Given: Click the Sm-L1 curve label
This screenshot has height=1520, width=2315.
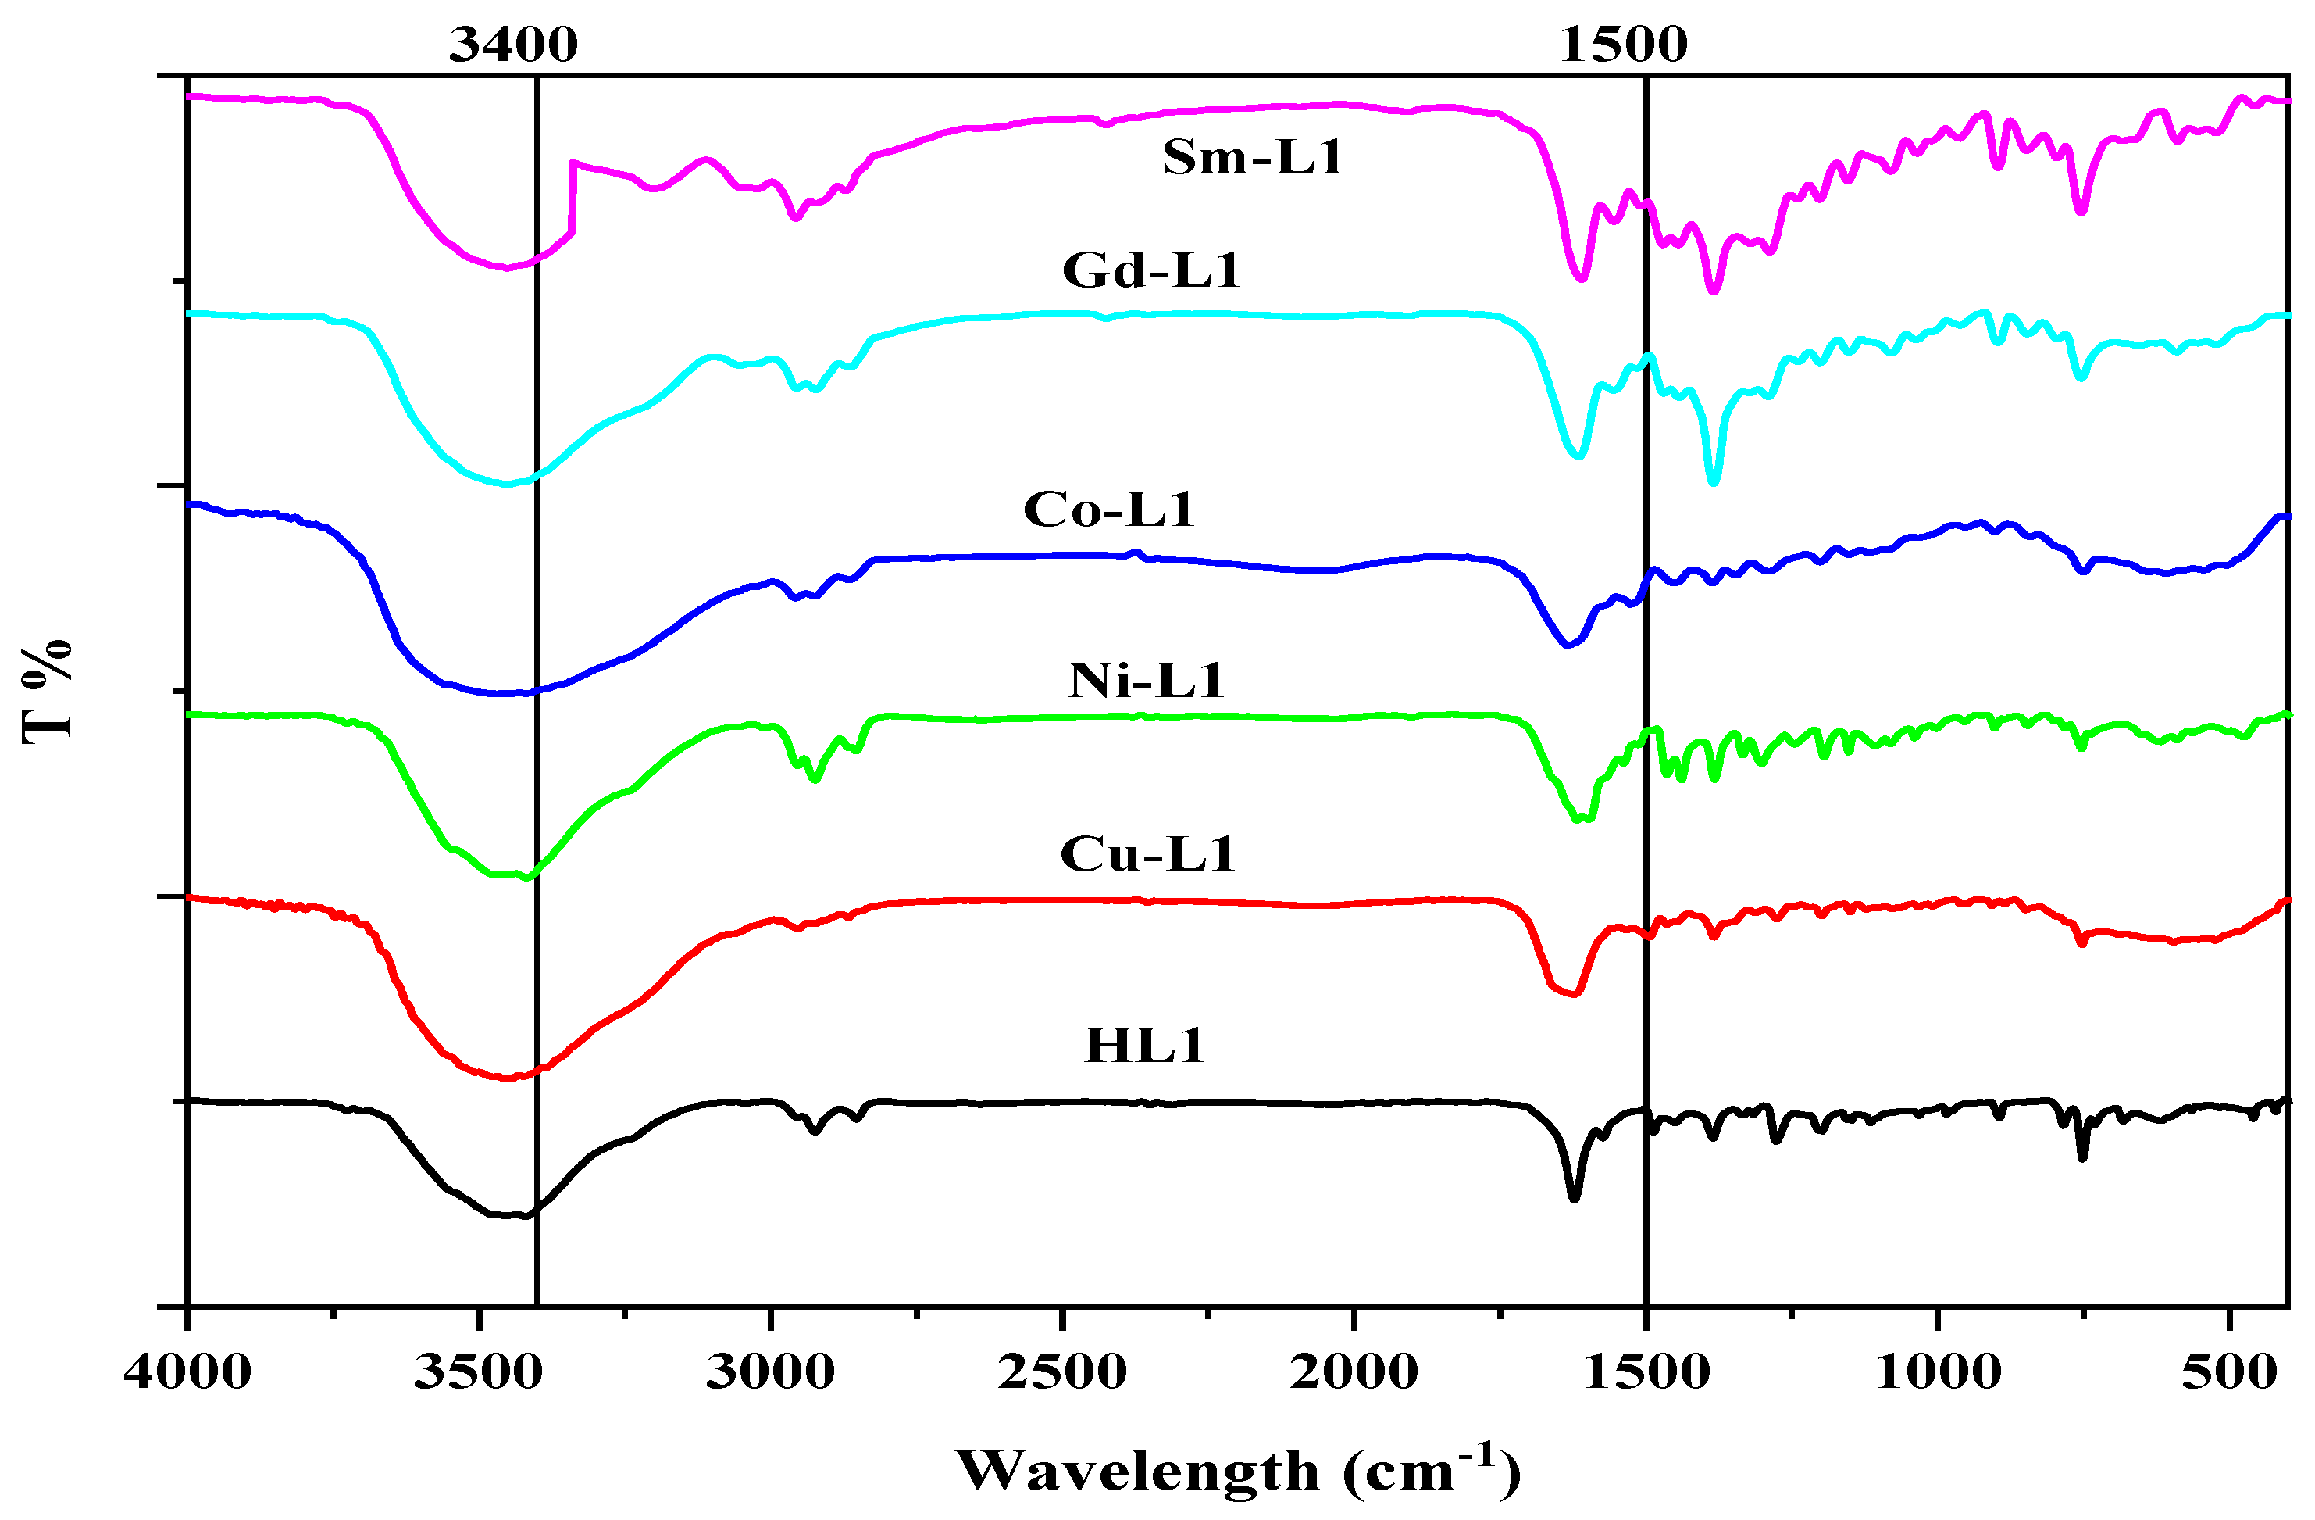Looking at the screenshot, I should (x=1252, y=158).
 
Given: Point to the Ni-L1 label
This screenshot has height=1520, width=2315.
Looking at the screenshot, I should (x=1145, y=680).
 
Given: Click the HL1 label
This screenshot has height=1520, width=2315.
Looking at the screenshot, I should (x=1144, y=1046).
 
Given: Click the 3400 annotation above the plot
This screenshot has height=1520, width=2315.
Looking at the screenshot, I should (x=512, y=45).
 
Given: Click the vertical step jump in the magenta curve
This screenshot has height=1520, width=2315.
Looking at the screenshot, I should (x=573, y=198).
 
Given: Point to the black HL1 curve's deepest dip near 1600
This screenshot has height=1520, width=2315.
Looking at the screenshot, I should (x=1574, y=1197).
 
